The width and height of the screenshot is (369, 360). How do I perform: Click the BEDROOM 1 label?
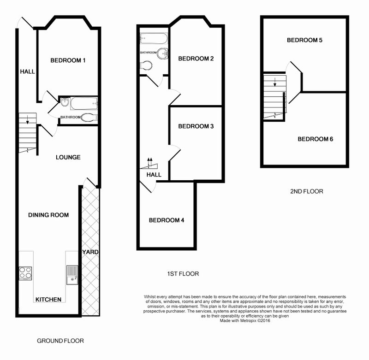(x=68, y=60)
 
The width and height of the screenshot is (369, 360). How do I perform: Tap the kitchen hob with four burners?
(x=25, y=273)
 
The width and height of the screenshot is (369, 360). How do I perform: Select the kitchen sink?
(x=72, y=275)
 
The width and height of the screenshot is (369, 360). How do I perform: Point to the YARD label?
(x=90, y=252)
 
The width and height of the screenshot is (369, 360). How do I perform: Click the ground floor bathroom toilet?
(x=89, y=118)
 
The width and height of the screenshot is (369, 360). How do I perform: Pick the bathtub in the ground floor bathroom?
(x=84, y=103)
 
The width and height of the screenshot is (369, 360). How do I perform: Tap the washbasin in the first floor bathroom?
(x=163, y=53)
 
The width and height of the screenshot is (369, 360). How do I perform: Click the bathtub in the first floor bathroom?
(x=154, y=38)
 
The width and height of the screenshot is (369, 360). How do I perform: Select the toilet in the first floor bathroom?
(x=146, y=65)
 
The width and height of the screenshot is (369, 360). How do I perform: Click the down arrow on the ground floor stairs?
(x=28, y=120)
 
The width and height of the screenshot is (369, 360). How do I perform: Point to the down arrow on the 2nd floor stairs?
(x=274, y=82)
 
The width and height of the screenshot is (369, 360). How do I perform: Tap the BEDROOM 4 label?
(x=167, y=220)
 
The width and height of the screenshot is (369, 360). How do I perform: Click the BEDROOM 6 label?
(x=315, y=139)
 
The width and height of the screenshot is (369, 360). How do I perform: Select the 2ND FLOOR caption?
(x=307, y=191)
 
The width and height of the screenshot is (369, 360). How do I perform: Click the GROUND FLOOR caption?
(x=60, y=341)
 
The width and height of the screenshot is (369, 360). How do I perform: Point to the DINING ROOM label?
(x=48, y=215)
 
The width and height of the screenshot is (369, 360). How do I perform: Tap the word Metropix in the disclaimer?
(x=248, y=320)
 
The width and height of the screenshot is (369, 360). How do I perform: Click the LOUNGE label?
(x=68, y=157)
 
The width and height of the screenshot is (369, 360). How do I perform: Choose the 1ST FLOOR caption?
(x=183, y=274)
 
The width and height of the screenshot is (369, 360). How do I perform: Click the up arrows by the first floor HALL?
(x=149, y=162)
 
